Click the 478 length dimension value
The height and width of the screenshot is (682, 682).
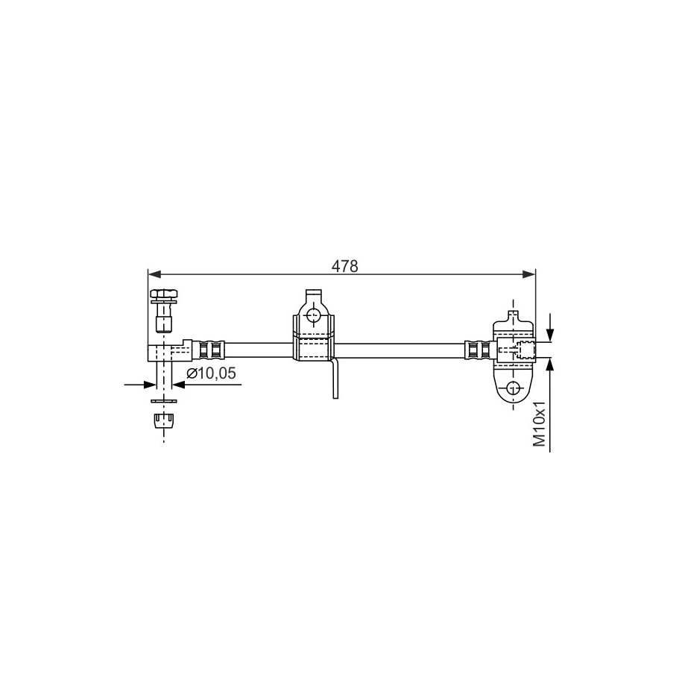pyautogui.click(x=344, y=266)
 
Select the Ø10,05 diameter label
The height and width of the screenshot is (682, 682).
pyautogui.click(x=211, y=373)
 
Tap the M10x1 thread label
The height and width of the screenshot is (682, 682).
pyautogui.click(x=540, y=423)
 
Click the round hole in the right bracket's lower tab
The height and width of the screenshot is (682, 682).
pyautogui.click(x=514, y=387)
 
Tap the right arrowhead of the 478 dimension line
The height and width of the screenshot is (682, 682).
pyautogui.click(x=528, y=274)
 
